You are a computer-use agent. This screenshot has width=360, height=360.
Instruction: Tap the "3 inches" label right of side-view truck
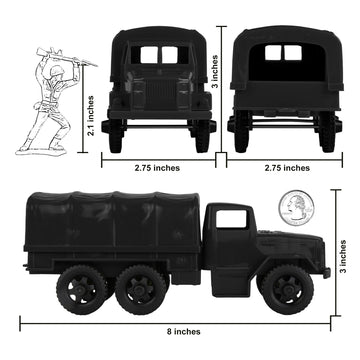click(343, 260)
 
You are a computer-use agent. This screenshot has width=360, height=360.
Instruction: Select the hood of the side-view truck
click(285, 238)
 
